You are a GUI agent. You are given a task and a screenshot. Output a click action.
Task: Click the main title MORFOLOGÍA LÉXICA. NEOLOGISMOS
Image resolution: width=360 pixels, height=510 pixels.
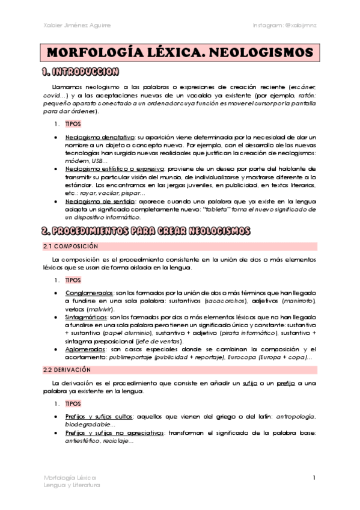(x=180, y=53)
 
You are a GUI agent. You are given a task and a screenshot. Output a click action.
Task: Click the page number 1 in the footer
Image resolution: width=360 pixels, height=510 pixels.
(x=314, y=477)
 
